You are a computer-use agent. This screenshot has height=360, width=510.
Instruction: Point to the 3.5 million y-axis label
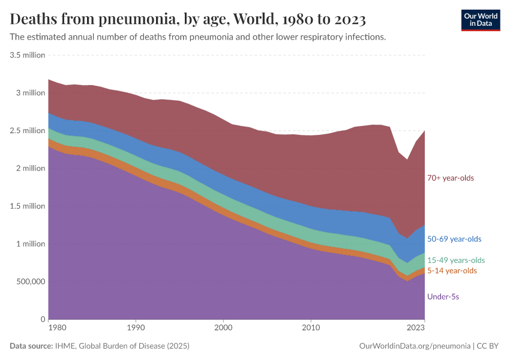coord(28,55)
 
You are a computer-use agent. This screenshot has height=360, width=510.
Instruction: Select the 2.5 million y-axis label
coord(28,131)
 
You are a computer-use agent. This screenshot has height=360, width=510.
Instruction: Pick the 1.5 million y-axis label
coord(28,206)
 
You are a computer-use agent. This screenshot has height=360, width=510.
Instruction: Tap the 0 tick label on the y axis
coord(43,319)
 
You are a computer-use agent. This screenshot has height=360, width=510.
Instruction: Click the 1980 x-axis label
coord(57,329)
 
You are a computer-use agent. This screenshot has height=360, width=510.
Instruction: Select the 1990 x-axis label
coord(136,329)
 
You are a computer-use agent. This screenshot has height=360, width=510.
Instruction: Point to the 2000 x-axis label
coord(223,329)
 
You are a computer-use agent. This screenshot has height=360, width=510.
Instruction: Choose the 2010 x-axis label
coord(310,329)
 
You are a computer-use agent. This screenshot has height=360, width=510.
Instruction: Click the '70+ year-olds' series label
coord(450,178)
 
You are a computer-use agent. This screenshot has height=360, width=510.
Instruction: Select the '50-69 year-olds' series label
coord(454,239)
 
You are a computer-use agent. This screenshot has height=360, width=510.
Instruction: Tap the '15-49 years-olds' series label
coord(456,260)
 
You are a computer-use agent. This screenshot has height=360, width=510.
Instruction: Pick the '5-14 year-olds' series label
coord(452,271)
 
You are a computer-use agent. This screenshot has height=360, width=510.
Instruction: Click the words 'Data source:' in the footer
coord(31,346)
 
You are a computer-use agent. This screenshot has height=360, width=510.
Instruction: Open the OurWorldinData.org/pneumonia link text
coord(415,346)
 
